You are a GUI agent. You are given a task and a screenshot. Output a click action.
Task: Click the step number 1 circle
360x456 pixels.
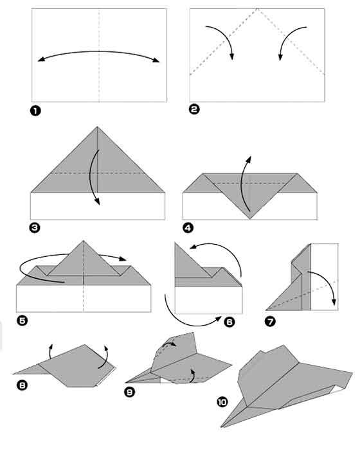click(36, 110)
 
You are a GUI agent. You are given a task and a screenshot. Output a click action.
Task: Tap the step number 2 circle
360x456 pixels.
click(194, 109)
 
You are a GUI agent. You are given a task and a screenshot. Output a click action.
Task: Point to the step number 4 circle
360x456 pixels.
click(187, 227)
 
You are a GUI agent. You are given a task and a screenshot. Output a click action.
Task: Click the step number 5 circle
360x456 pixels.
click(21, 319)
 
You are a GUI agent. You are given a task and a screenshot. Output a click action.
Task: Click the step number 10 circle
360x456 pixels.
click(222, 402)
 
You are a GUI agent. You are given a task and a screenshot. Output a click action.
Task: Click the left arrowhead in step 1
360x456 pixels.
click(40, 60)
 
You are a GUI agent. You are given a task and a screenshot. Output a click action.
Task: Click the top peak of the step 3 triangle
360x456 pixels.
click(98, 127)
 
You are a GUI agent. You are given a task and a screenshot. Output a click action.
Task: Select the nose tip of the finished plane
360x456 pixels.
click(222, 426)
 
